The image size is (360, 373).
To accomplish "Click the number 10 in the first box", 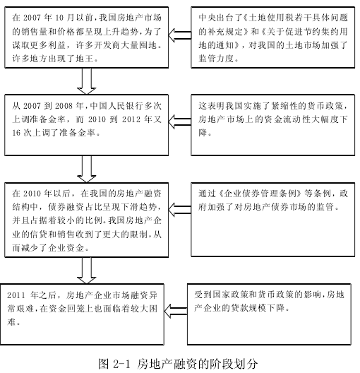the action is tap(60, 18).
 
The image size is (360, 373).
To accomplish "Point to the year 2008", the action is tap(64, 106).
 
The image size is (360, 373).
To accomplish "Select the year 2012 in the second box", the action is tap(131, 119).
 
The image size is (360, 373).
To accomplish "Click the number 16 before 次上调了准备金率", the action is tap(17, 133).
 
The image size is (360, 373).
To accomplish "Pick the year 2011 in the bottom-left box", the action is tap(16, 295).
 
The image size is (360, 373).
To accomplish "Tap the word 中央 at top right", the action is tap(207, 18).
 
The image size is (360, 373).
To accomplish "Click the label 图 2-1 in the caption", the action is tap(114, 364).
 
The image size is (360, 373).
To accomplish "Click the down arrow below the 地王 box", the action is tap(87, 81).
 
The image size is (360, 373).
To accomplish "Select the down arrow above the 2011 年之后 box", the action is tap(87, 271).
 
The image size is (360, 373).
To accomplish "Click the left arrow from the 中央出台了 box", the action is tap(180, 35).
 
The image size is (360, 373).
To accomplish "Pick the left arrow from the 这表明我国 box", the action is tap(180, 122).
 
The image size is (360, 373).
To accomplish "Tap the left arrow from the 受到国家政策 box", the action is tap(176, 311).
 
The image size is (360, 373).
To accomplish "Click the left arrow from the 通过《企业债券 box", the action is tap(180, 210).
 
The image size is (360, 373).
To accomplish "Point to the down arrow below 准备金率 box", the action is tap(87, 169).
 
